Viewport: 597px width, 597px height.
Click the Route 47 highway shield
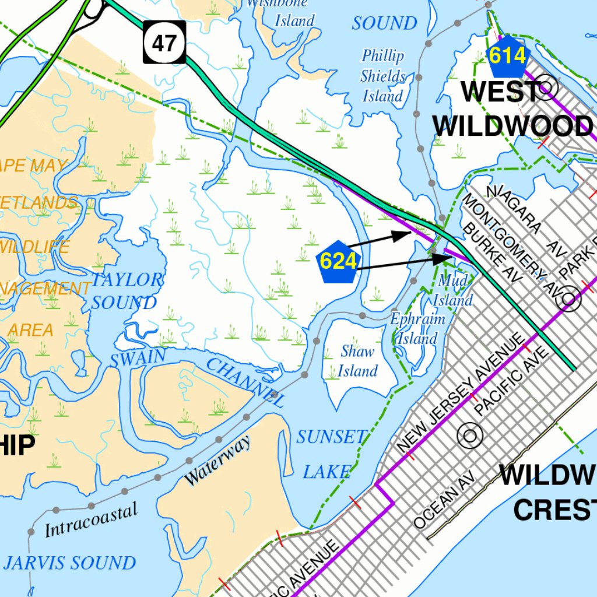click(165, 42)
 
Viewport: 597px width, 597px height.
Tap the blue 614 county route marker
click(507, 56)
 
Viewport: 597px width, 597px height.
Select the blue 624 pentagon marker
click(338, 261)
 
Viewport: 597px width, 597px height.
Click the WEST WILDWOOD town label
click(512, 109)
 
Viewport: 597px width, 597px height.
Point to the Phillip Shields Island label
click(382, 76)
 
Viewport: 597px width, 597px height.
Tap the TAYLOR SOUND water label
click(125, 291)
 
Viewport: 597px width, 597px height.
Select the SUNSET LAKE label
click(330, 454)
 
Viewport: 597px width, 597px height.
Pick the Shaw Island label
click(357, 361)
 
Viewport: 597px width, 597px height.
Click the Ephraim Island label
click(417, 329)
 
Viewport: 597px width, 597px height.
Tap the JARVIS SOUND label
click(69, 563)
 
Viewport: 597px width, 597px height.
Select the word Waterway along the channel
click(217, 461)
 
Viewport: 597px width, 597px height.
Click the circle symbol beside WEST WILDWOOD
click(548, 89)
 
